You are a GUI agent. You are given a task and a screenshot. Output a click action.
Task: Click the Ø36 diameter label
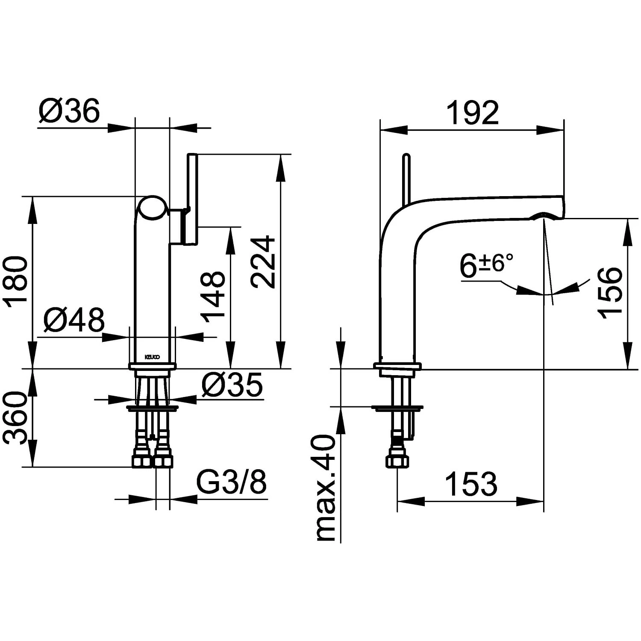(69, 111)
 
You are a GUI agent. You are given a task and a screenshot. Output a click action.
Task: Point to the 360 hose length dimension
(16, 418)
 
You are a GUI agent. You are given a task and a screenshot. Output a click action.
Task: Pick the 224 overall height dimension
(262, 262)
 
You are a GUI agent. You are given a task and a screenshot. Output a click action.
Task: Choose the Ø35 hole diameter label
(232, 385)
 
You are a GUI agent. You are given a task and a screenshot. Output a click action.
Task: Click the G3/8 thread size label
(231, 482)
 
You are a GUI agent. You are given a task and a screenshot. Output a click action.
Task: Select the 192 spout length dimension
(472, 113)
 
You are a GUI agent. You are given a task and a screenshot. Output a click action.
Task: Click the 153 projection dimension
(471, 484)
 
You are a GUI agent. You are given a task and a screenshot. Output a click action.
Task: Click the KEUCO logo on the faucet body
(152, 357)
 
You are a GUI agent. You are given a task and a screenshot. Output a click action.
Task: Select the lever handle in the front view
(192, 199)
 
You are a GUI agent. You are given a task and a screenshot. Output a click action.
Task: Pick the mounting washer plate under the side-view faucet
(397, 408)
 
